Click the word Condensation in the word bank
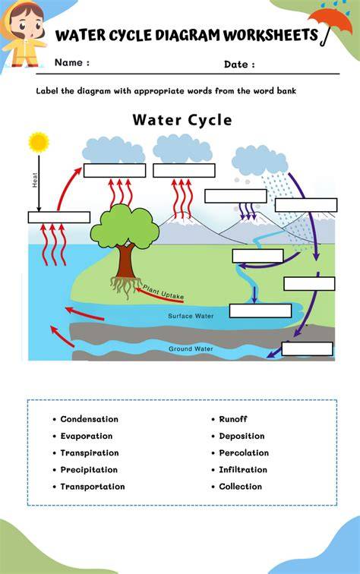(x=90, y=419)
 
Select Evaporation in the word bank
(x=87, y=436)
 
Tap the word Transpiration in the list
(x=90, y=453)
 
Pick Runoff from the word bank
(x=233, y=419)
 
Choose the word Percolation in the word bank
(x=244, y=453)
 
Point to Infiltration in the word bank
(x=243, y=470)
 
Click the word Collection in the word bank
(x=241, y=487)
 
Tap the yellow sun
(x=39, y=143)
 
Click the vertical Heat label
(x=35, y=180)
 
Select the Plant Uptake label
(x=163, y=292)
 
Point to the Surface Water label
(x=191, y=316)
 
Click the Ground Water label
(x=191, y=348)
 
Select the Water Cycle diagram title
(x=182, y=120)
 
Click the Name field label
(x=72, y=62)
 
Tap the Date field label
(x=239, y=65)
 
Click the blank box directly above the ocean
(x=59, y=217)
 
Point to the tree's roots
(x=125, y=287)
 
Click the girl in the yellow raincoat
(x=24, y=35)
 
